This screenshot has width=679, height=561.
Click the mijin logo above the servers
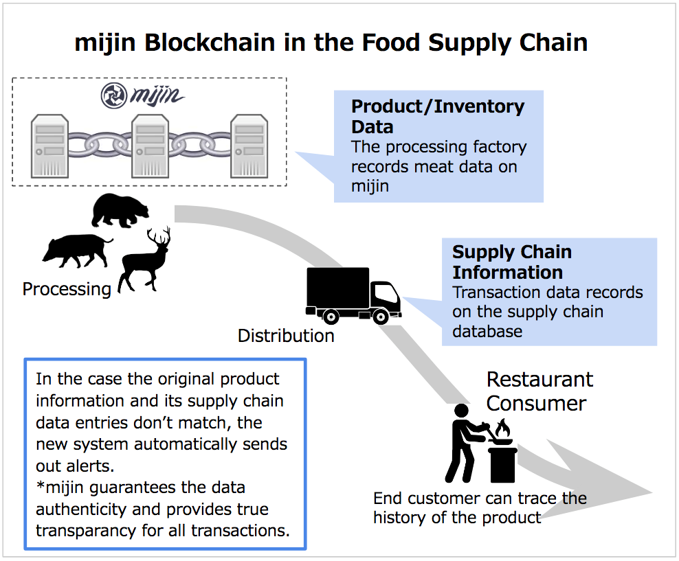pos(142,95)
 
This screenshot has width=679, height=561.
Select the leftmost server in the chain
pos(49,146)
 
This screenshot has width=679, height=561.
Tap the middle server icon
pos(150,146)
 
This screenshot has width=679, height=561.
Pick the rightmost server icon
pos(249,146)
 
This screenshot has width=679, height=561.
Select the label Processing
pos(67,289)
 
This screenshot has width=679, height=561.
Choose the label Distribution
pos(286,336)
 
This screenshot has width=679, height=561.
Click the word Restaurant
pos(539,380)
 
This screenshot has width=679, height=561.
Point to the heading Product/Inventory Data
pos(438,117)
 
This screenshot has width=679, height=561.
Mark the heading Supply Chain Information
pos(512,262)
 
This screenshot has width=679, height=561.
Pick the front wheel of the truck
pos(381,317)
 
